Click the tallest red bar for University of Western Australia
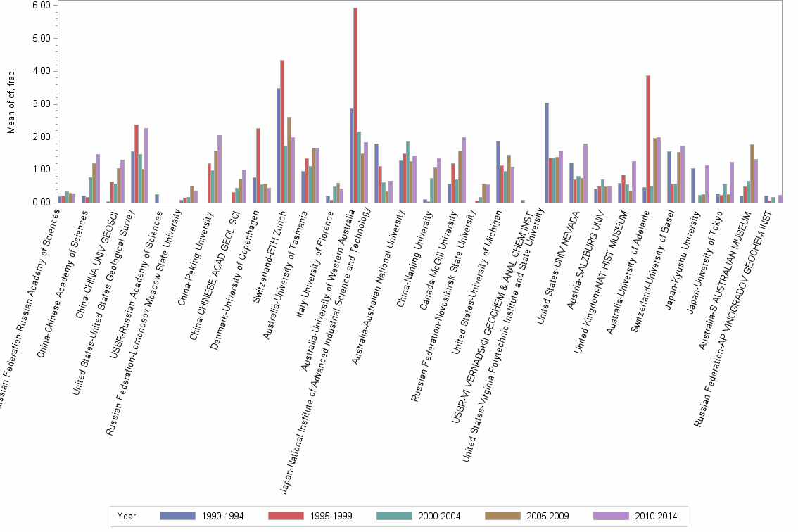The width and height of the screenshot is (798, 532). (355, 106)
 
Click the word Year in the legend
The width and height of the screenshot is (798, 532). (127, 516)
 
